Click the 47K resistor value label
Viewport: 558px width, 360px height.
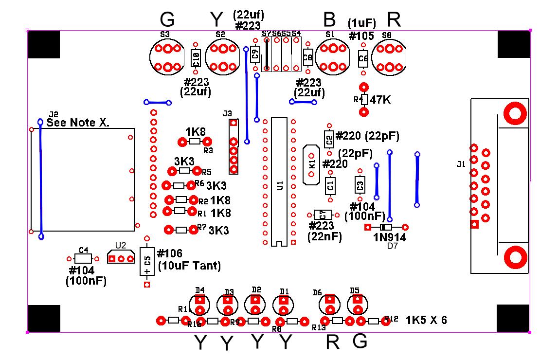380,100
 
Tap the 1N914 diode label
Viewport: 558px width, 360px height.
390,237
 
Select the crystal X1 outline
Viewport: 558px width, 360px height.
311,164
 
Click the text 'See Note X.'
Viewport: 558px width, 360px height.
78,123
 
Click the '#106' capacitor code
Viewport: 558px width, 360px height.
170,253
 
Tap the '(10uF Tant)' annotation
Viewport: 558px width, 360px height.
190,266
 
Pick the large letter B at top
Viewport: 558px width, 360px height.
329,20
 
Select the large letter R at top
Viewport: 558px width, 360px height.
394,20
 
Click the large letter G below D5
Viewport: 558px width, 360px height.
360,342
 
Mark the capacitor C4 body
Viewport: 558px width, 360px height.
84,258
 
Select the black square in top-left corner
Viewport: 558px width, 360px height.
43,45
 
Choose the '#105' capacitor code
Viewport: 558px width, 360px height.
361,36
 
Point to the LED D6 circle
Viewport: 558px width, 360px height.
330,305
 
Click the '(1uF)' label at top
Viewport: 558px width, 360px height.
361,23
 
